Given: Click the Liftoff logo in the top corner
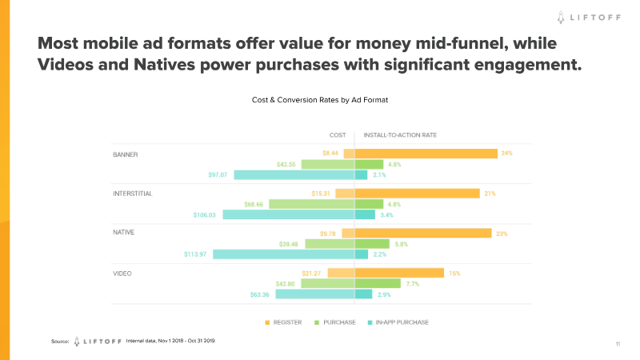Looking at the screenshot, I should point(590,15).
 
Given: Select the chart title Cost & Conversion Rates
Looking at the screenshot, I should point(320,100).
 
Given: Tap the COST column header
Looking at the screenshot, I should point(338,134).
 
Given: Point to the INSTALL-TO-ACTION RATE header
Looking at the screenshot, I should point(400,134).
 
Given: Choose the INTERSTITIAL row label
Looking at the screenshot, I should point(133,193).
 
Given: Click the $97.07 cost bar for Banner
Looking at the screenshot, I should point(294,174).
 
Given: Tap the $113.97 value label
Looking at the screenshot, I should point(194,254).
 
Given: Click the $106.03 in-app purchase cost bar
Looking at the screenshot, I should point(288,214).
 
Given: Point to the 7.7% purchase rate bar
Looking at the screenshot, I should point(378,283).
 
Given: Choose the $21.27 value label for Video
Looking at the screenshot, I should point(312,273).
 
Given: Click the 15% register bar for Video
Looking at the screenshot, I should point(399,273).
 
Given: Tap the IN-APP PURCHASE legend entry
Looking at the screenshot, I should point(397,322).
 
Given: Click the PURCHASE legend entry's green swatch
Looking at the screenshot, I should point(316,322).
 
